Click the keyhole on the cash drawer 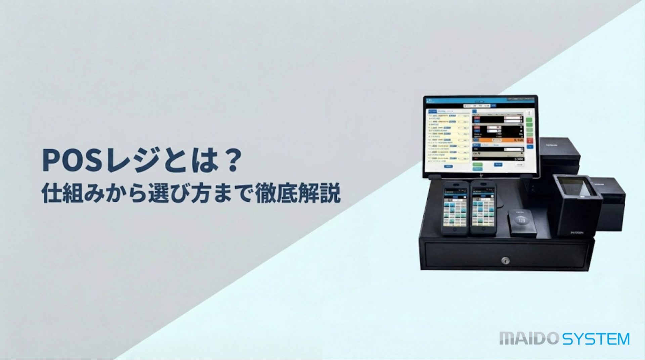point(505,260)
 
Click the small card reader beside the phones point(521,222)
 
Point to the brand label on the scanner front point(577,232)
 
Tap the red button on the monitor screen point(530,141)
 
